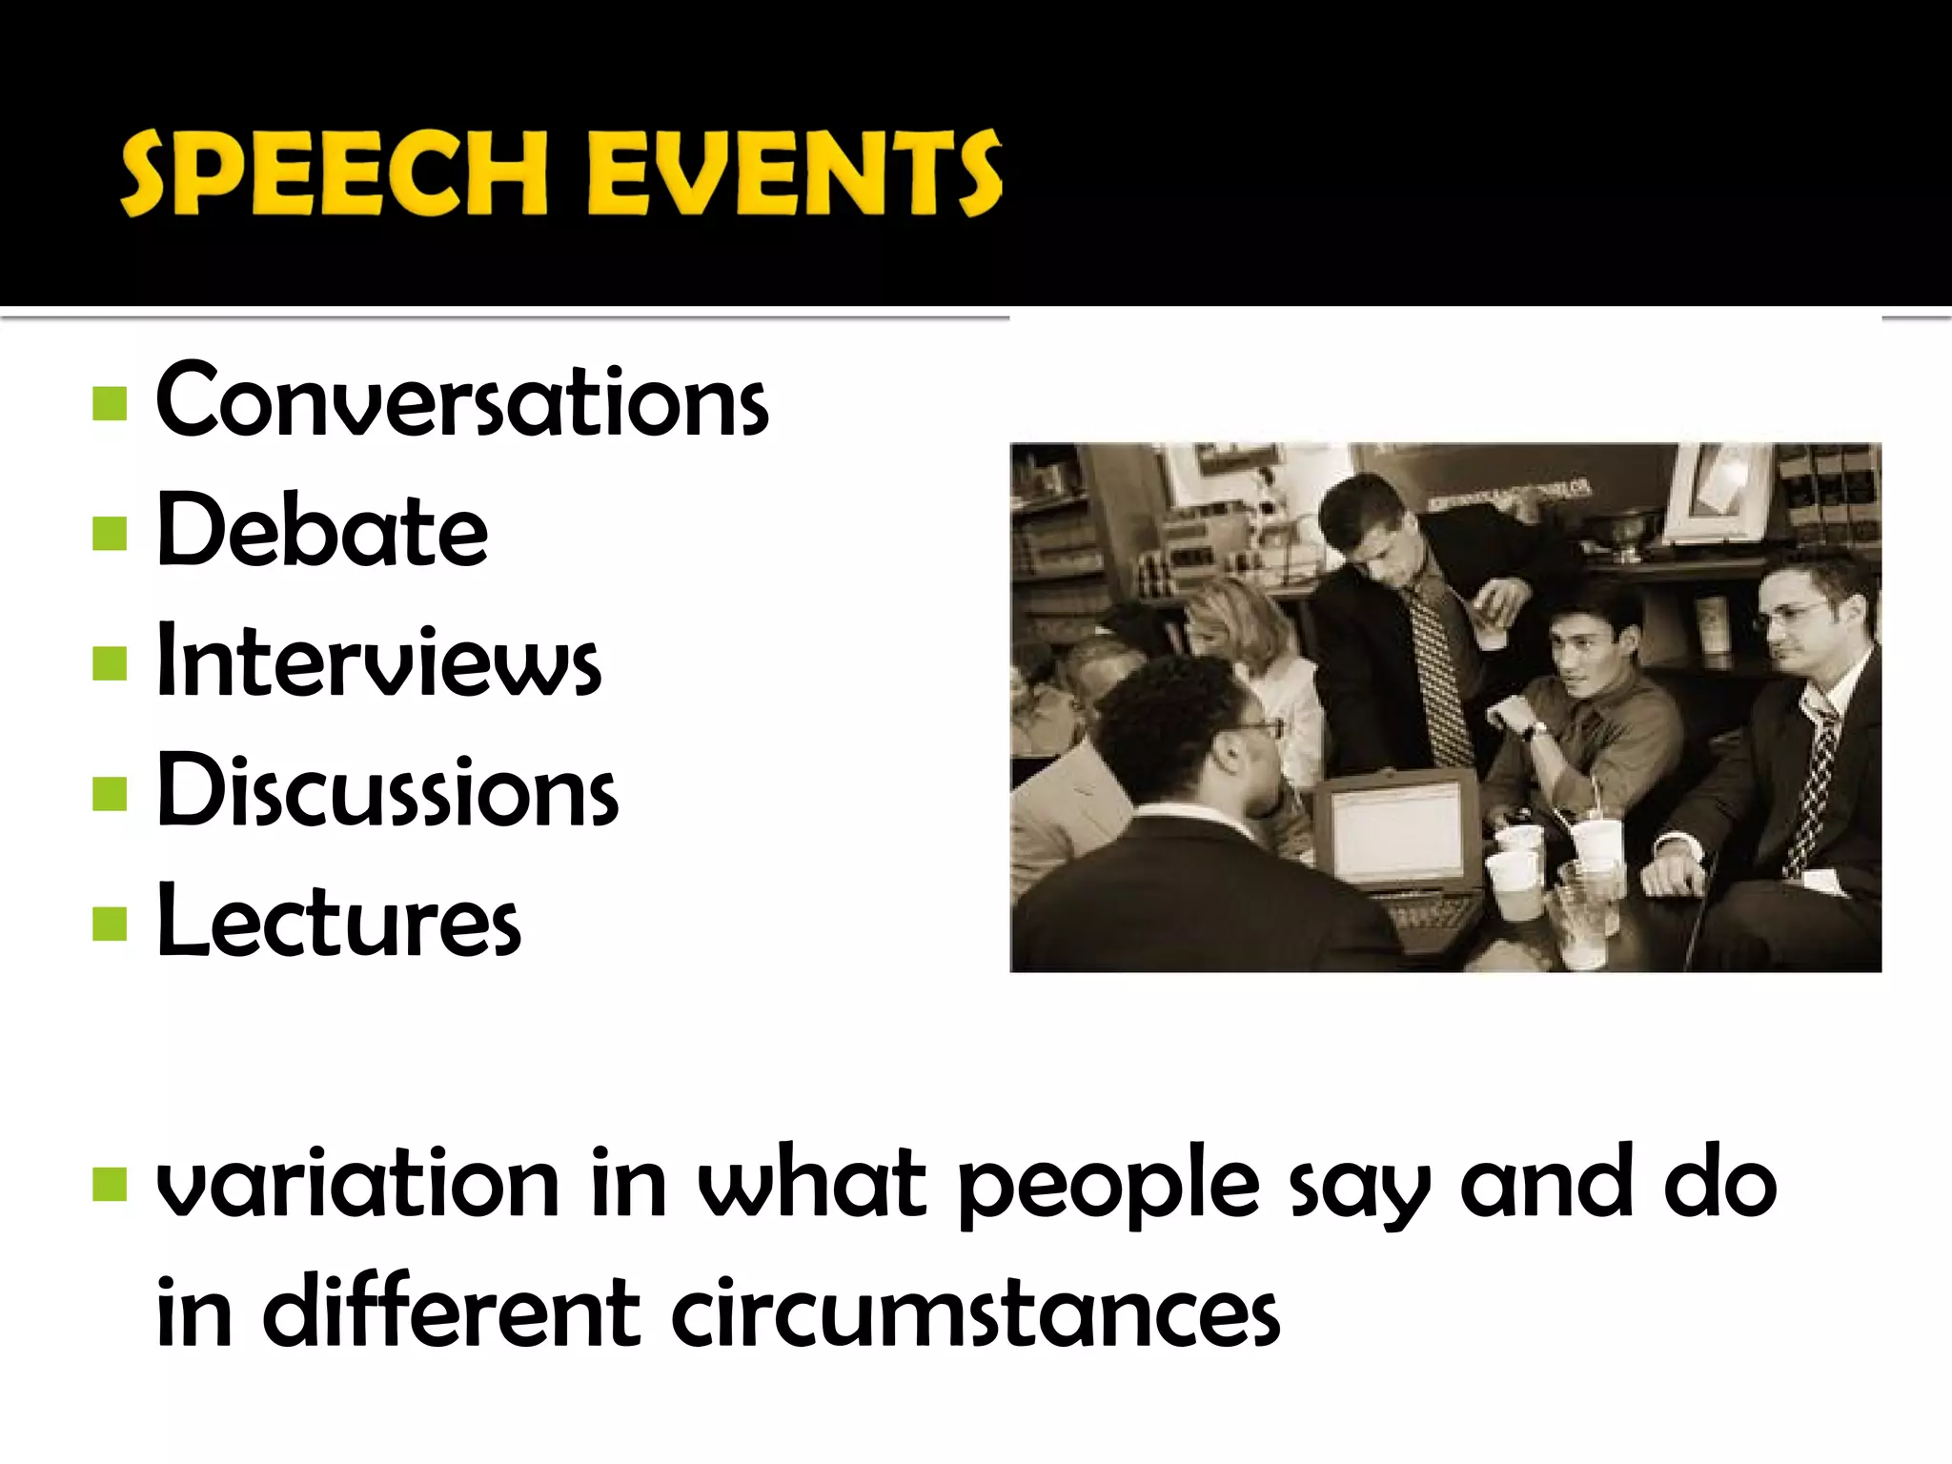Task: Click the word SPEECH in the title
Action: click(334, 173)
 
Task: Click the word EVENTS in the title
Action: click(794, 173)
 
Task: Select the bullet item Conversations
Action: click(461, 401)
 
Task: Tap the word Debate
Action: click(322, 531)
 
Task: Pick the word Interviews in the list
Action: click(378, 661)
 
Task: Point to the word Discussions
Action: click(387, 791)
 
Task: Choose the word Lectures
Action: click(338, 922)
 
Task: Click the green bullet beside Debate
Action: click(111, 534)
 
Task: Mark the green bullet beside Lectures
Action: click(111, 924)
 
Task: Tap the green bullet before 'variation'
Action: click(111, 1185)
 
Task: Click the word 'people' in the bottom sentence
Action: click(1108, 1187)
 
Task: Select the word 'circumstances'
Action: click(975, 1313)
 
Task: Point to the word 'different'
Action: click(450, 1313)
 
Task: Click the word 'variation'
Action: click(357, 1185)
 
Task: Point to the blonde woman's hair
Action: click(1239, 620)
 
